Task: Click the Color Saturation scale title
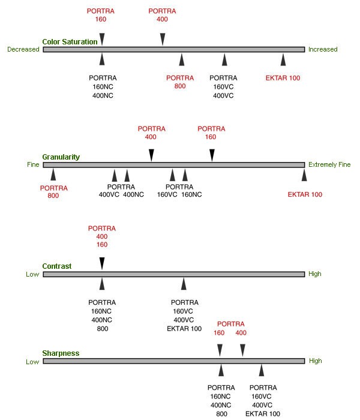point(70,42)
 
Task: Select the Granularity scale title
point(61,157)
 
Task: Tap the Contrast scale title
point(56,266)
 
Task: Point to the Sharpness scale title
point(60,353)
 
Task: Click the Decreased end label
point(23,49)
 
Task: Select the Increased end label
point(323,49)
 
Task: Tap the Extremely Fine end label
point(329,164)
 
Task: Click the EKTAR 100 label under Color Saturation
point(283,78)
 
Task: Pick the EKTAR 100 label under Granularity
point(305,194)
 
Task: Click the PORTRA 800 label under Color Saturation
point(180,82)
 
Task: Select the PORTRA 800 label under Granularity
point(54,191)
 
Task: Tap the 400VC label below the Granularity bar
point(109,194)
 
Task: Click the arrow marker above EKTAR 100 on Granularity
point(304,175)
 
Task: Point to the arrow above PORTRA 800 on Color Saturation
point(181,59)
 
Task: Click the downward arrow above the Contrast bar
point(102,263)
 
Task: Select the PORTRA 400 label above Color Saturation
point(162,15)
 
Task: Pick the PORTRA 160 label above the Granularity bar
point(211,133)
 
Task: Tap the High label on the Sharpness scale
point(315,361)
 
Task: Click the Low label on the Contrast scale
point(32,274)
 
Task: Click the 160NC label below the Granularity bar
point(191,194)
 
